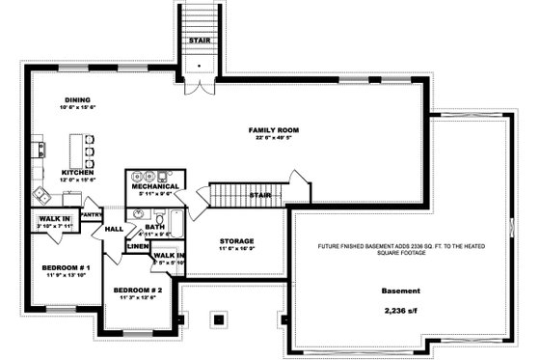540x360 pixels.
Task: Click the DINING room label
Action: [x=77, y=99]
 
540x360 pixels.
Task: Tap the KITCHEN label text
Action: [x=77, y=172]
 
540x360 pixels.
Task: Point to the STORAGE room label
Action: [x=236, y=240]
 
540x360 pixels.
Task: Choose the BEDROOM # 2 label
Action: [x=137, y=290]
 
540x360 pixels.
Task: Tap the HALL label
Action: [x=113, y=229]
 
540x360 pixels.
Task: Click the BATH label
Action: [x=155, y=226]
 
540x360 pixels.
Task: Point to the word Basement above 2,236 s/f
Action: [x=401, y=290]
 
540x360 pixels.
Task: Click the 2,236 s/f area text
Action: [x=401, y=312]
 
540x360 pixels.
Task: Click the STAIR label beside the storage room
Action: [x=258, y=194]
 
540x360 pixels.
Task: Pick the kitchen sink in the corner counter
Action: [x=39, y=150]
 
